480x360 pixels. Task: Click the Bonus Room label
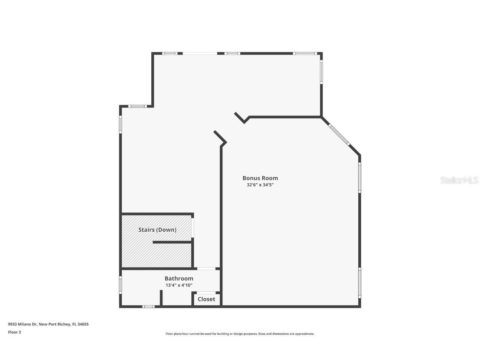pos(260,178)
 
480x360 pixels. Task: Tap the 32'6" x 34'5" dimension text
pos(260,185)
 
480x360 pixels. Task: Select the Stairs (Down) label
pos(157,230)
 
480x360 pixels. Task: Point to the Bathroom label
pos(179,278)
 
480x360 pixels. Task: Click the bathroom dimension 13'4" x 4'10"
pos(179,285)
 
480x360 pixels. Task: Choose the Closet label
pos(206,299)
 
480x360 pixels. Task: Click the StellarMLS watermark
pos(460,180)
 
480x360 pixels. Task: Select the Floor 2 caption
pos(14,332)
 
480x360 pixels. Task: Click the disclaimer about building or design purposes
pos(240,334)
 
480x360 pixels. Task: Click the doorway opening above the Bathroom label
pos(206,268)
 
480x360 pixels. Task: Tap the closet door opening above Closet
pos(206,293)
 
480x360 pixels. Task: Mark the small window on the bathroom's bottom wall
pos(148,307)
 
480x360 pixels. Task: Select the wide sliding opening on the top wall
pos(200,53)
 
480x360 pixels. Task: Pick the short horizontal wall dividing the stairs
pos(172,242)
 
